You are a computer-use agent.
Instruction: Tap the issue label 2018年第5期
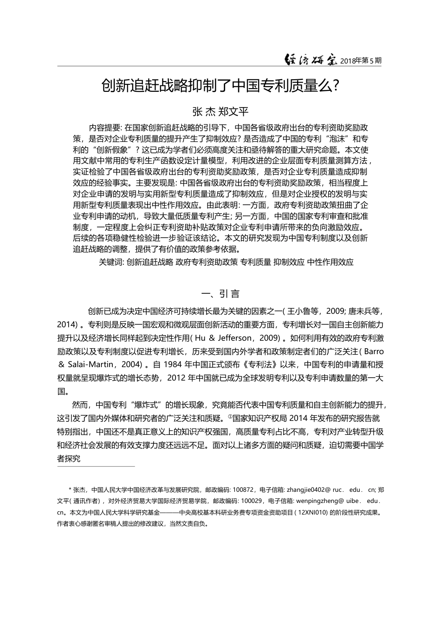361,61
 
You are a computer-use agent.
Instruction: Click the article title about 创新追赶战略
220,86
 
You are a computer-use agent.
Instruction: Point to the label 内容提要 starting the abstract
105,128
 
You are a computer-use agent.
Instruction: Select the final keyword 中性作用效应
330,262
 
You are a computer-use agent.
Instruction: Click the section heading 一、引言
220,294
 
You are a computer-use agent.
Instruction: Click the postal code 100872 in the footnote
243,489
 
